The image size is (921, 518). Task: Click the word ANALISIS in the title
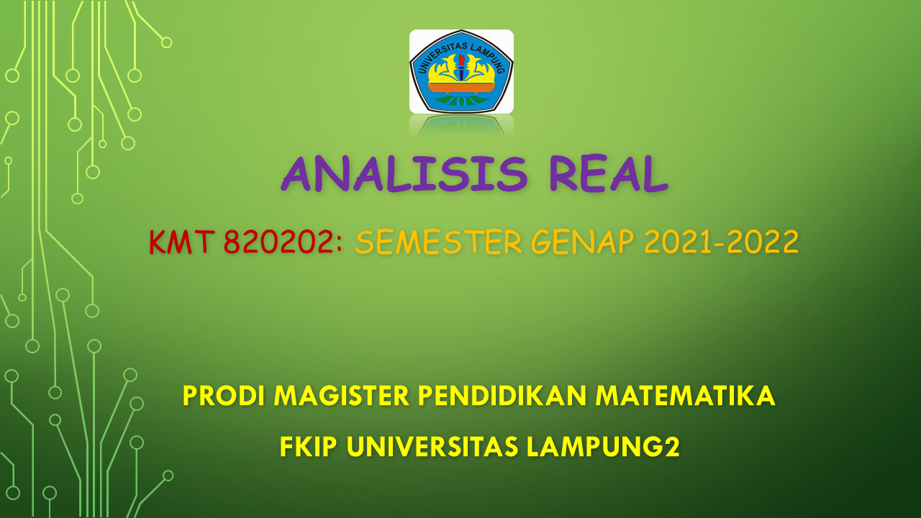pos(404,173)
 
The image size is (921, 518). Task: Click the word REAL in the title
pos(609,173)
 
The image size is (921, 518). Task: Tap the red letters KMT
pos(183,242)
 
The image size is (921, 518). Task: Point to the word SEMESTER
pos(439,242)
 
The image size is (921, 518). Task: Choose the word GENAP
pos(583,242)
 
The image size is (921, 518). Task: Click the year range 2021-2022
pos(722,242)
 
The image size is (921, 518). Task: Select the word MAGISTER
pos(342,396)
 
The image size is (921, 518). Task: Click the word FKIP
pos(309,447)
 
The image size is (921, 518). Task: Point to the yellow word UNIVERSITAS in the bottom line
pos(432,447)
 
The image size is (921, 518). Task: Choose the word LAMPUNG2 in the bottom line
pos(603,447)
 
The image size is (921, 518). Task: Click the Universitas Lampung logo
pos(461,71)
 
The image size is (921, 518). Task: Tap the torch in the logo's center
pos(461,67)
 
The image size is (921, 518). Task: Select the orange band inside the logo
pos(461,88)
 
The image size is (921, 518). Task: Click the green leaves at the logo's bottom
pos(461,100)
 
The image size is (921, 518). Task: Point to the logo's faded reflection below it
pos(461,125)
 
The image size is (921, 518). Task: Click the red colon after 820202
pos(339,244)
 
